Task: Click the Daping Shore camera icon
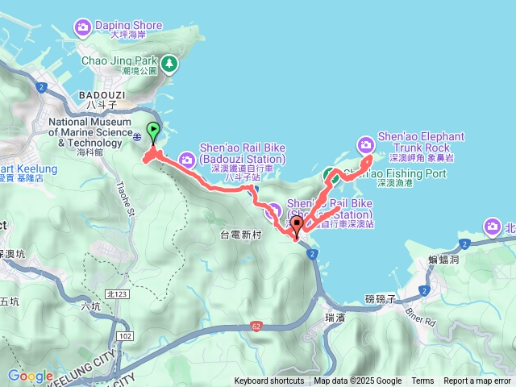83,29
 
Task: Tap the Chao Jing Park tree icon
169,63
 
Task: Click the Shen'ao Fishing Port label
398,173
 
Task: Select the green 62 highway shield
256,304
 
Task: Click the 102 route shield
124,335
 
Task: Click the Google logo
30,376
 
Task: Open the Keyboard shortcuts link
269,381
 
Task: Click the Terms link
422,381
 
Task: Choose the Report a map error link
478,381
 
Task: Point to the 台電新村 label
242,235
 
